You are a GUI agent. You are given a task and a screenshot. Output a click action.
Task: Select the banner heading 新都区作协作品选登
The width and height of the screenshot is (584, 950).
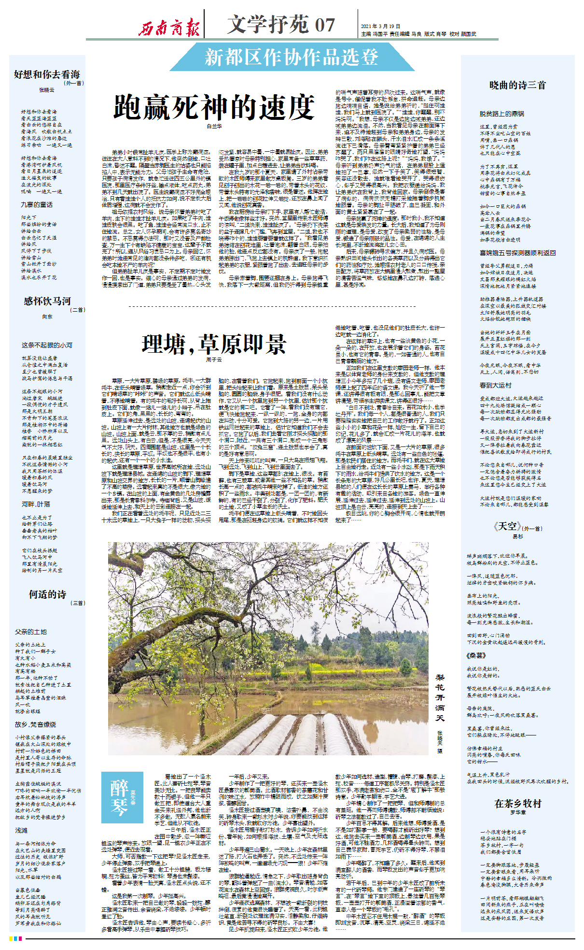(292, 58)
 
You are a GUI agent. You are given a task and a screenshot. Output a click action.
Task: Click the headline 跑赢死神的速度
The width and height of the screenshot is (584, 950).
(214, 107)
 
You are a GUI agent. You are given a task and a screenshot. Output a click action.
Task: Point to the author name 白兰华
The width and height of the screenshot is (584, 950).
(214, 126)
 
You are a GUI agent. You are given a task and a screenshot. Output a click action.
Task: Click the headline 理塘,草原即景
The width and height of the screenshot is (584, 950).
(214, 344)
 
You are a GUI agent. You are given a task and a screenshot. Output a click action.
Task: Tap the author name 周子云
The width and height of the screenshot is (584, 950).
(214, 360)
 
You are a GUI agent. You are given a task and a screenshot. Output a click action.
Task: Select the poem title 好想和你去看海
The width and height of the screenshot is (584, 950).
(47, 74)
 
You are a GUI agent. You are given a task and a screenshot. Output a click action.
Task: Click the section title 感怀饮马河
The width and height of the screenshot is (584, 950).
(47, 301)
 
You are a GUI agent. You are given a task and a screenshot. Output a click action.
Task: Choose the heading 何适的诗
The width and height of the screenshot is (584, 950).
(47, 594)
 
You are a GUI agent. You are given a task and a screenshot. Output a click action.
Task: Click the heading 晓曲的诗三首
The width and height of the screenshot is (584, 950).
(517, 86)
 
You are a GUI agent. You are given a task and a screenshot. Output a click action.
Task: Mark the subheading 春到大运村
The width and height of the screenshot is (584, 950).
(495, 385)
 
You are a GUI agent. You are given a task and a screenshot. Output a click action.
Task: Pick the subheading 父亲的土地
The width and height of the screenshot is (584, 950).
(31, 632)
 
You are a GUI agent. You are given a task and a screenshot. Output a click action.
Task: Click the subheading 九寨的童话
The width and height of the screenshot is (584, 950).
(37, 205)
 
